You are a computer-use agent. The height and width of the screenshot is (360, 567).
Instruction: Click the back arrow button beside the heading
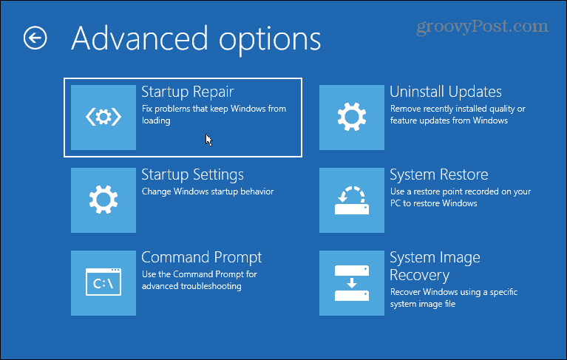coord(35,38)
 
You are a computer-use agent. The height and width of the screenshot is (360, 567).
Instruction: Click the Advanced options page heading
coord(196,38)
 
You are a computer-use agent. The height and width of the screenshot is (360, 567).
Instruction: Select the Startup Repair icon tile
coord(103,117)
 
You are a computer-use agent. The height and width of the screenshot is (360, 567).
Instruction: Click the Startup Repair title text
coord(187,92)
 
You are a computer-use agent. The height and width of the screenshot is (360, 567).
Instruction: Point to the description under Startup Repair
coord(213,115)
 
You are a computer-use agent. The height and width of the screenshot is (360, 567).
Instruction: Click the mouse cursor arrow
coord(208,140)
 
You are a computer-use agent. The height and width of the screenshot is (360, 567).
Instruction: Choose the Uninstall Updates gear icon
coord(351,117)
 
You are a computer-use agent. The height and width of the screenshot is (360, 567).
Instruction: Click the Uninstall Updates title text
coord(445,92)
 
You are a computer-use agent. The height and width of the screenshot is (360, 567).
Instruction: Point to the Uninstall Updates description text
coord(457,115)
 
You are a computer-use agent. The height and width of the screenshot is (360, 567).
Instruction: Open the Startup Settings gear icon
coord(103,200)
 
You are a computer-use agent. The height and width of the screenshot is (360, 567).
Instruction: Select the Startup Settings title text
coord(192,174)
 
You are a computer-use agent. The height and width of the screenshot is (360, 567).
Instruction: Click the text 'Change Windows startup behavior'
coord(207,191)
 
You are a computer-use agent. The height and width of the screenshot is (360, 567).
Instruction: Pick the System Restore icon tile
coord(351,200)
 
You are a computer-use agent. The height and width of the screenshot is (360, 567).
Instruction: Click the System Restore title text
coord(438,174)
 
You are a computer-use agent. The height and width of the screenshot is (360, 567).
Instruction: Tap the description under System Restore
coord(460,197)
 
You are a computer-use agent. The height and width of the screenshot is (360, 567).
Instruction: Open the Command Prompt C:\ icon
coord(103,282)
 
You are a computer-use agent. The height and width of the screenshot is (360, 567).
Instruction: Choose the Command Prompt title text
coord(201,257)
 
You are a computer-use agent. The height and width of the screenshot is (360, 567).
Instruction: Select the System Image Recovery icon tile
coord(351,282)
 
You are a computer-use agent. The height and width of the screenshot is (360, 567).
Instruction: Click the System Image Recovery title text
coord(435,266)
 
